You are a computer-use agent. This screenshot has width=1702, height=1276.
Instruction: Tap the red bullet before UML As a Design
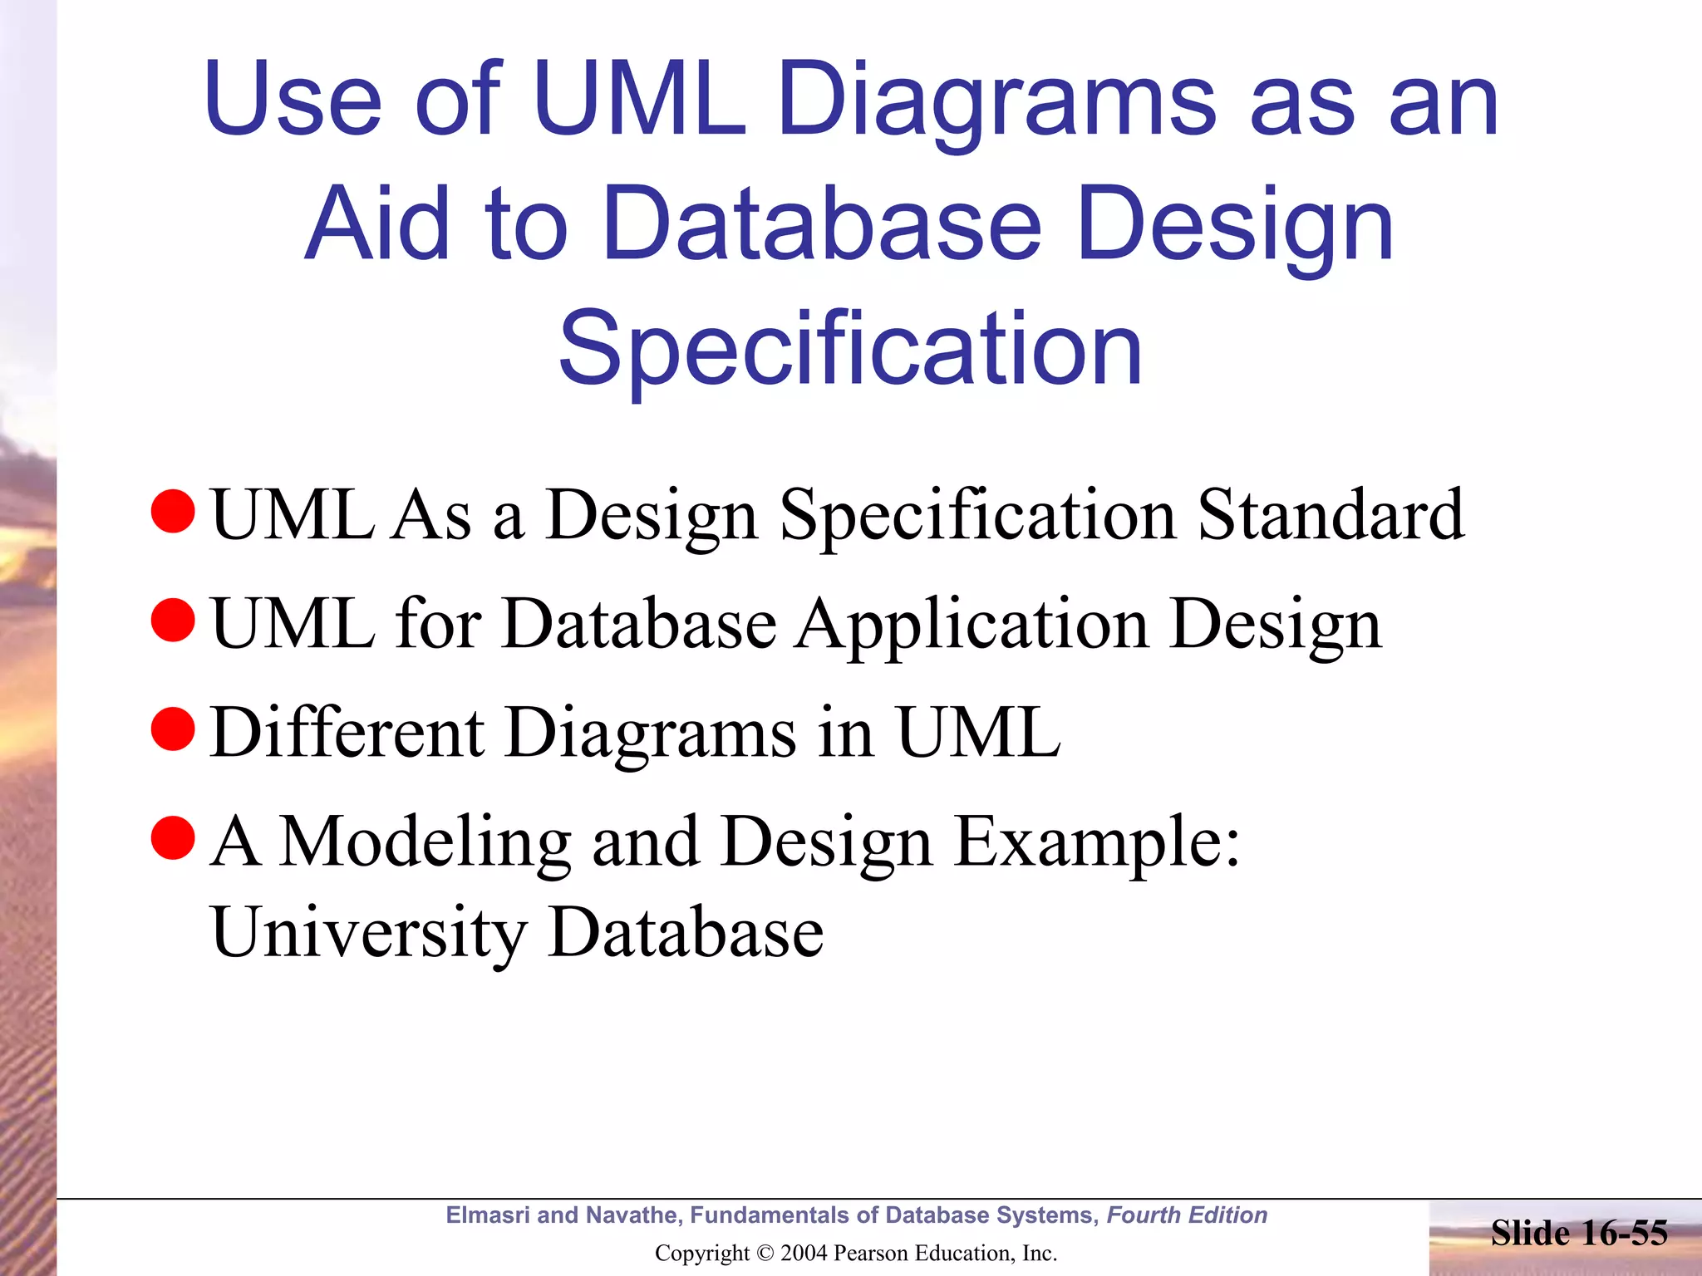tap(173, 512)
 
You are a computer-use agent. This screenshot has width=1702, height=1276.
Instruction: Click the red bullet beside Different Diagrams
tap(173, 729)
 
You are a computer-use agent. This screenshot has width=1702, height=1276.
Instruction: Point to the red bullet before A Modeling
tap(173, 838)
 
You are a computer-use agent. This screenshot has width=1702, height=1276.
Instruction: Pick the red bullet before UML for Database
tap(173, 621)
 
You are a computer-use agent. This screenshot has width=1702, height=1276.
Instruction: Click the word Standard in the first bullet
tap(1331, 515)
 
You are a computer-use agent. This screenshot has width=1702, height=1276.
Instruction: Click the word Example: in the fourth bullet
tap(1096, 842)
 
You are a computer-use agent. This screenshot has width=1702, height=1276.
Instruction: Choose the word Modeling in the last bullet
tap(424, 842)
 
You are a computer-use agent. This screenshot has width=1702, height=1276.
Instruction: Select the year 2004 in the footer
tap(804, 1254)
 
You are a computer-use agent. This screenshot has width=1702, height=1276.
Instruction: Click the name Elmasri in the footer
tap(488, 1215)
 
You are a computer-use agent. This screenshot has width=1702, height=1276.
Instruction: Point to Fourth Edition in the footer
tap(1187, 1215)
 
